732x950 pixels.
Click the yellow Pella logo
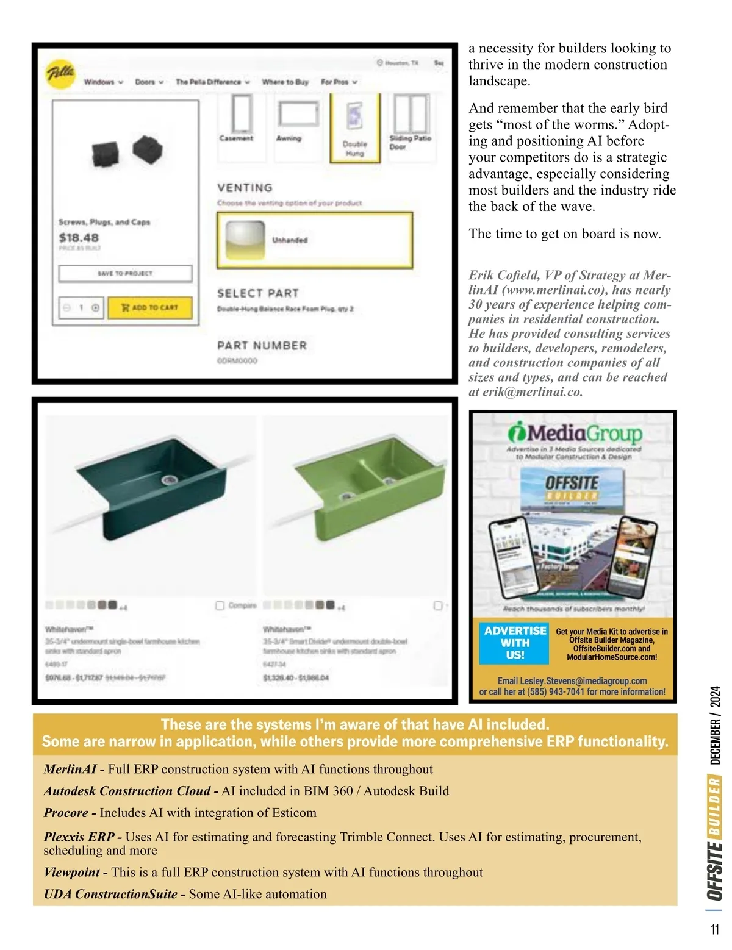click(61, 74)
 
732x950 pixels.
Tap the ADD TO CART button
click(150, 308)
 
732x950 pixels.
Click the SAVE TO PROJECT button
click(125, 273)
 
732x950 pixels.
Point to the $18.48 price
click(79, 238)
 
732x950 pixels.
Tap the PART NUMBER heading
click(262, 346)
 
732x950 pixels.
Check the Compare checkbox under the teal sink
click(220, 605)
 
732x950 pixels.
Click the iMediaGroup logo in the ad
click(574, 433)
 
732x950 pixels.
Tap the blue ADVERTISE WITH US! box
click(514, 643)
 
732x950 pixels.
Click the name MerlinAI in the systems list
click(70, 769)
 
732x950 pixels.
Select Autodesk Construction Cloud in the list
click(127, 791)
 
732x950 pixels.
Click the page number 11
click(715, 929)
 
